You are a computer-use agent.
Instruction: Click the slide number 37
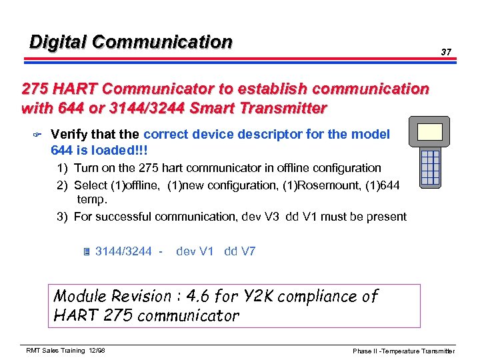coord(447,52)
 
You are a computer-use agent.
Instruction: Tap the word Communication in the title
coord(162,42)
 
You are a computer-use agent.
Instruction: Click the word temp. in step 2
coord(92,199)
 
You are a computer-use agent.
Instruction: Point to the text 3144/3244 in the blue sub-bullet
coord(123,251)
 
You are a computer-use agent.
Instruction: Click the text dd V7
coord(240,251)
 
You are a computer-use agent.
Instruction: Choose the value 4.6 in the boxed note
coord(199,296)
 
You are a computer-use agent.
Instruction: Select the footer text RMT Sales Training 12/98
coord(65,351)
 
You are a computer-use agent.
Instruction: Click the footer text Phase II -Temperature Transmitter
coord(404,351)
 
